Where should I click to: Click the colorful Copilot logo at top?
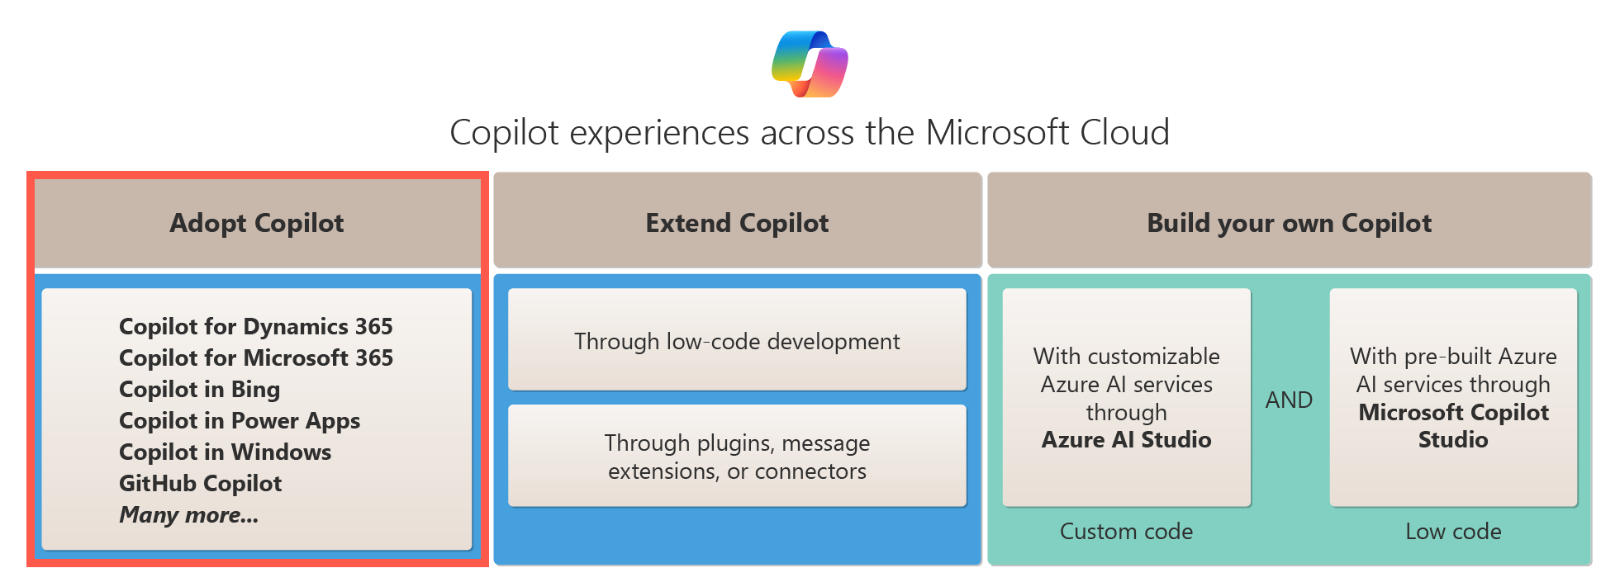[x=810, y=64]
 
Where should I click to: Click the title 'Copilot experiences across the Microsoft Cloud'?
[x=809, y=132]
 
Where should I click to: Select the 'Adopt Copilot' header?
[x=257, y=223]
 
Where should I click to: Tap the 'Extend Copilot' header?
[x=737, y=223]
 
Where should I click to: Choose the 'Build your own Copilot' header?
[x=1289, y=223]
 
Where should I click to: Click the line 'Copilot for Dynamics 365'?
[x=255, y=326]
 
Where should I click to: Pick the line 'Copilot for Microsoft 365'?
[x=255, y=357]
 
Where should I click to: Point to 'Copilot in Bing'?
[x=199, y=389]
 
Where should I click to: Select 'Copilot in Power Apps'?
[x=239, y=420]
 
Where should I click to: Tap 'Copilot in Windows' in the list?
[x=225, y=452]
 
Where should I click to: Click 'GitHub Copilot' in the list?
[x=200, y=483]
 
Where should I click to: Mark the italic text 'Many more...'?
[x=188, y=514]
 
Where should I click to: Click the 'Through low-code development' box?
[x=737, y=340]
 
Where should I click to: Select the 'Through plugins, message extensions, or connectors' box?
[x=737, y=456]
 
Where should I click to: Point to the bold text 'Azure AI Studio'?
[x=1126, y=439]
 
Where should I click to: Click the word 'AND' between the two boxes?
[x=1289, y=400]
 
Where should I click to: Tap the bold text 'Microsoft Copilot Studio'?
[x=1453, y=425]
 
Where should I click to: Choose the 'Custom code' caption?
[x=1126, y=531]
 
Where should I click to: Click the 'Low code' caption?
[x=1453, y=531]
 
